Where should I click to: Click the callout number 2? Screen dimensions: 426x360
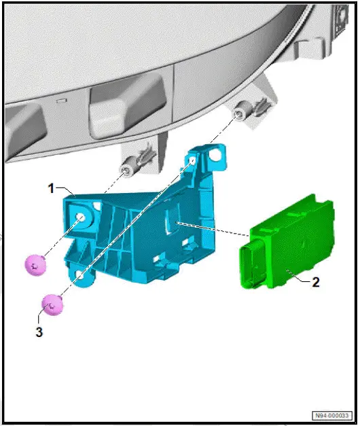[314, 281]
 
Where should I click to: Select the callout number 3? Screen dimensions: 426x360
[39, 332]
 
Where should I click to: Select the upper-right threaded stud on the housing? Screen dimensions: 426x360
[239, 114]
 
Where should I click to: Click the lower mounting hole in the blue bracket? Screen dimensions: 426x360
[80, 275]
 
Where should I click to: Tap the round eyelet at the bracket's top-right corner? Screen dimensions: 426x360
[217, 155]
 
